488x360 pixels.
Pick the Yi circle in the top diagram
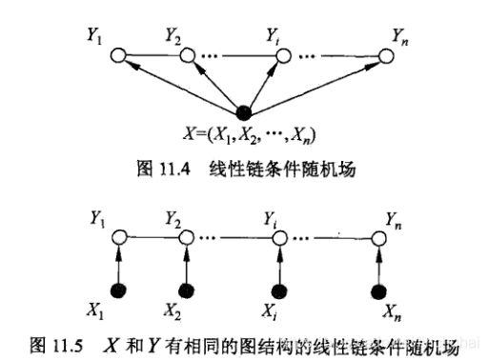click(x=281, y=57)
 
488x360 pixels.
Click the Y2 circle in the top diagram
click(x=185, y=57)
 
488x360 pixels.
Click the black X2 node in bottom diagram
click(x=185, y=290)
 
